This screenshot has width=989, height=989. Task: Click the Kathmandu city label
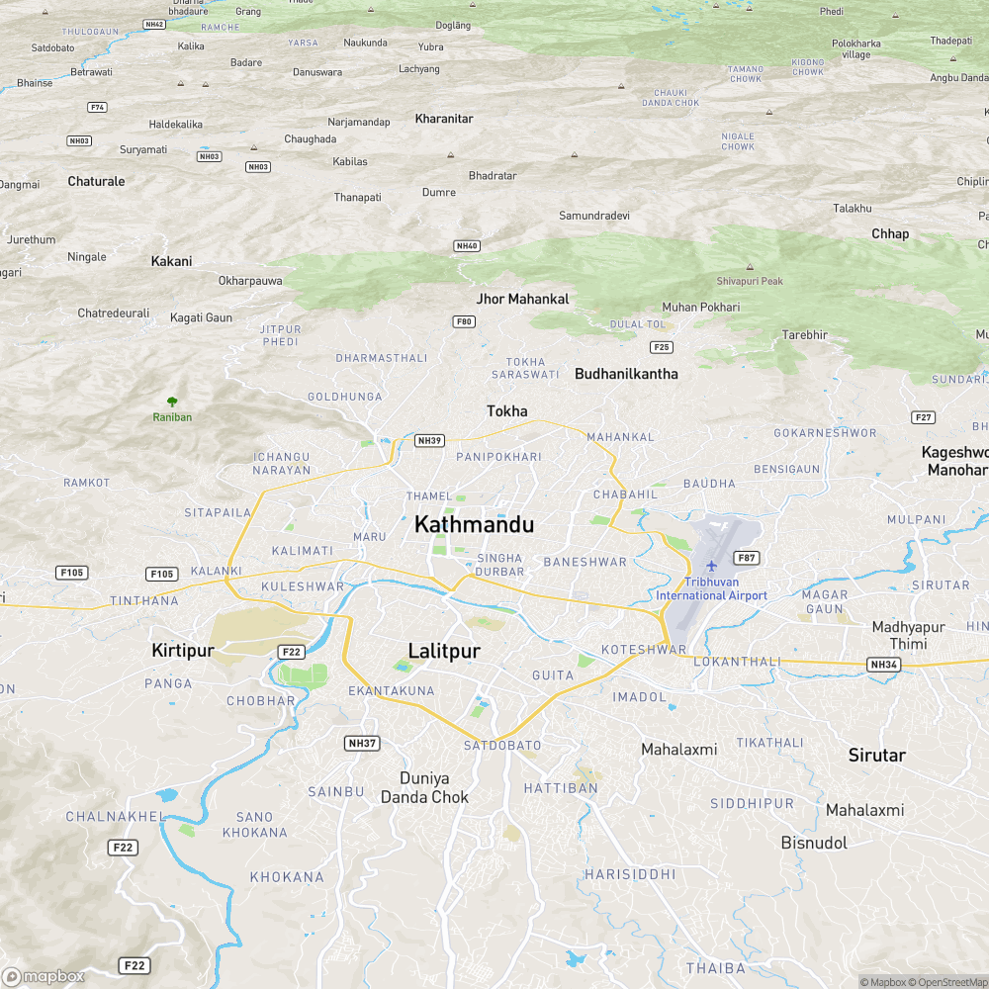point(474,524)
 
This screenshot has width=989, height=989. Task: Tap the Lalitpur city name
point(444,651)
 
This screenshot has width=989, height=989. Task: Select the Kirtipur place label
point(183,651)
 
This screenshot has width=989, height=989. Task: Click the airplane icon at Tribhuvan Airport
point(711,566)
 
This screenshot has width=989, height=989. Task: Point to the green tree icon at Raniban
point(172,402)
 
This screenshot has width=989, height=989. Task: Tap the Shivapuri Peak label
point(750,281)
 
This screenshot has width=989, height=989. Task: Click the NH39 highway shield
point(429,440)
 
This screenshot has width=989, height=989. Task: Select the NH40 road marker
point(467,245)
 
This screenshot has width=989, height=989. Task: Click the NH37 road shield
point(363,743)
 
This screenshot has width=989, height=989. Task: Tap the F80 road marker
point(464,321)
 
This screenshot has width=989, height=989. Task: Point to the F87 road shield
point(747,558)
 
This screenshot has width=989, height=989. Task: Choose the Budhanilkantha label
point(626,374)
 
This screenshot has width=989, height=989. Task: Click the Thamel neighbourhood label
point(428,495)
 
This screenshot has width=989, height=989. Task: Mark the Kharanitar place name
point(444,119)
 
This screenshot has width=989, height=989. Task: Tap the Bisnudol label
point(814,843)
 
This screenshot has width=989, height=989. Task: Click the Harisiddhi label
point(630,874)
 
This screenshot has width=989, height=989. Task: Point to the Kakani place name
point(171,261)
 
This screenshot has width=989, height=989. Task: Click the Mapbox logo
point(44,976)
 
